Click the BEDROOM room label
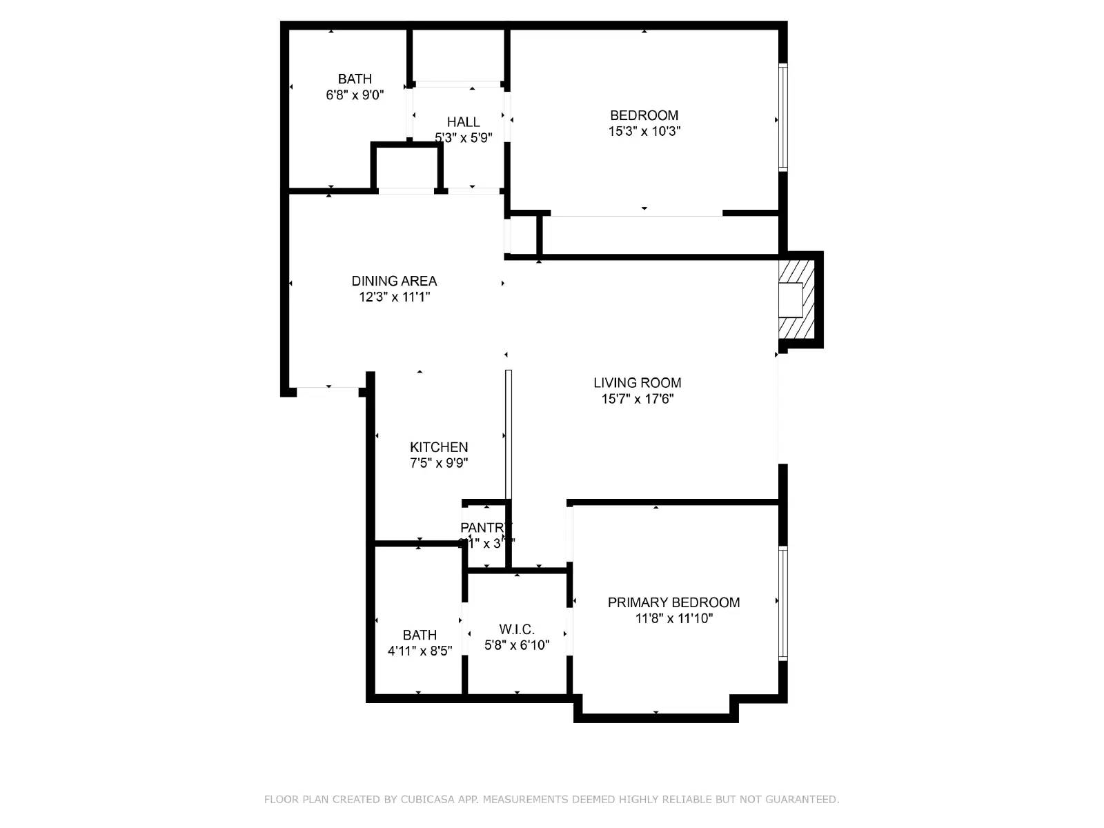[644, 115]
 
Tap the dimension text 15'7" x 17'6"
[637, 399]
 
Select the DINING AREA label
[394, 281]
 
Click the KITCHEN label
[439, 447]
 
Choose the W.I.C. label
[517, 629]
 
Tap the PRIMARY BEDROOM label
[673, 602]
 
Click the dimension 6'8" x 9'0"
[355, 95]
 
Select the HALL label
[463, 122]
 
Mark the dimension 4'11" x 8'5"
[420, 651]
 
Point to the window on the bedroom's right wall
[783, 117]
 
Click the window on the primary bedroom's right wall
[783, 603]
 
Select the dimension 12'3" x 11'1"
[394, 297]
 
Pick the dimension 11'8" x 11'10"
[673, 619]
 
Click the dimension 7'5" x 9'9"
[439, 463]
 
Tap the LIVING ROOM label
[637, 383]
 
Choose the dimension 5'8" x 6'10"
[517, 645]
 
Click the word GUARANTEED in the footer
[801, 800]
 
